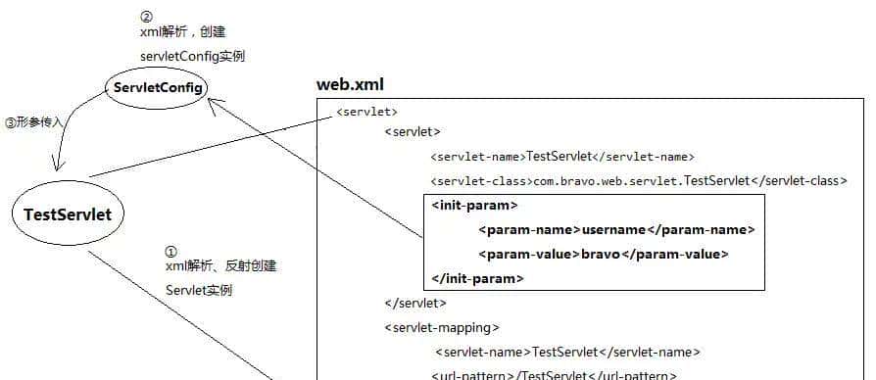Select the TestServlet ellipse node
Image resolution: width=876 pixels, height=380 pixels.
68,214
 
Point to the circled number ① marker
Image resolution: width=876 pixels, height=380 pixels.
171,252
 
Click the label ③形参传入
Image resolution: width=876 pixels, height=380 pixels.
34,122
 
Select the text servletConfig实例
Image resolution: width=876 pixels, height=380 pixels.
191,56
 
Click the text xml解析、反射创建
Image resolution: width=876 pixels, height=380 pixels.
221,266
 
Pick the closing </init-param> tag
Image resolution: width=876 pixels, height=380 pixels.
477,279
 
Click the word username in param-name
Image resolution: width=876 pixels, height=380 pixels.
614,229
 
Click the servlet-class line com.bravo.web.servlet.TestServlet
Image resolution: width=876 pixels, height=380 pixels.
637,180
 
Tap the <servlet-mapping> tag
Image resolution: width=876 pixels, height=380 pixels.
442,327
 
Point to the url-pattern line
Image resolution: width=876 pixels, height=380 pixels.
554,375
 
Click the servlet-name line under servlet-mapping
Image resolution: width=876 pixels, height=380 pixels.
568,352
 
